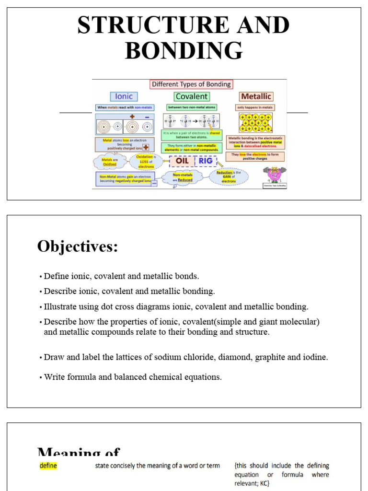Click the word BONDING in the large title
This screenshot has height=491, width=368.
click(184, 50)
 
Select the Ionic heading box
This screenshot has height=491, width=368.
click(124, 96)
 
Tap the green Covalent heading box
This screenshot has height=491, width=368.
click(191, 96)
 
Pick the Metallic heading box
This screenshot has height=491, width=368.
click(256, 96)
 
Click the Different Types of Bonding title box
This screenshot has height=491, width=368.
click(191, 84)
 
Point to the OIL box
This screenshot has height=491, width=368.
click(182, 161)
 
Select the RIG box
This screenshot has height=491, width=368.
click(206, 161)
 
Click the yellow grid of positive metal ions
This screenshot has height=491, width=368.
click(256, 123)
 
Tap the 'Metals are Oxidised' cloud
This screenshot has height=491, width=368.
click(110, 162)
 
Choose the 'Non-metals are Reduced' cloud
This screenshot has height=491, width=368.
click(183, 178)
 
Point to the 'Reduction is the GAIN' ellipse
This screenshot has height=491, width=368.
click(229, 175)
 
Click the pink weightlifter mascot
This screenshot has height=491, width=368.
click(274, 175)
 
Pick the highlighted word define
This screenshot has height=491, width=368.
click(48, 466)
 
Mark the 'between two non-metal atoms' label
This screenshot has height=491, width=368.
click(191, 107)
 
